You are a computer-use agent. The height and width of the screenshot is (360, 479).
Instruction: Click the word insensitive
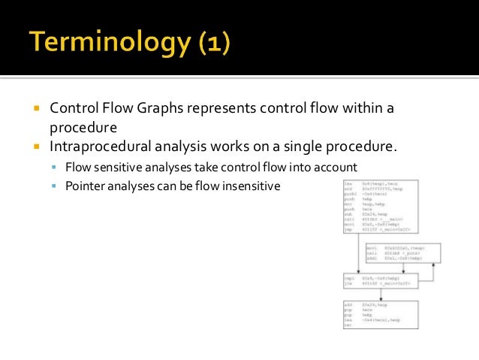point(252,185)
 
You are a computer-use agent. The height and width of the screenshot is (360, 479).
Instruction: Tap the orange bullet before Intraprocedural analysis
point(36,145)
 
